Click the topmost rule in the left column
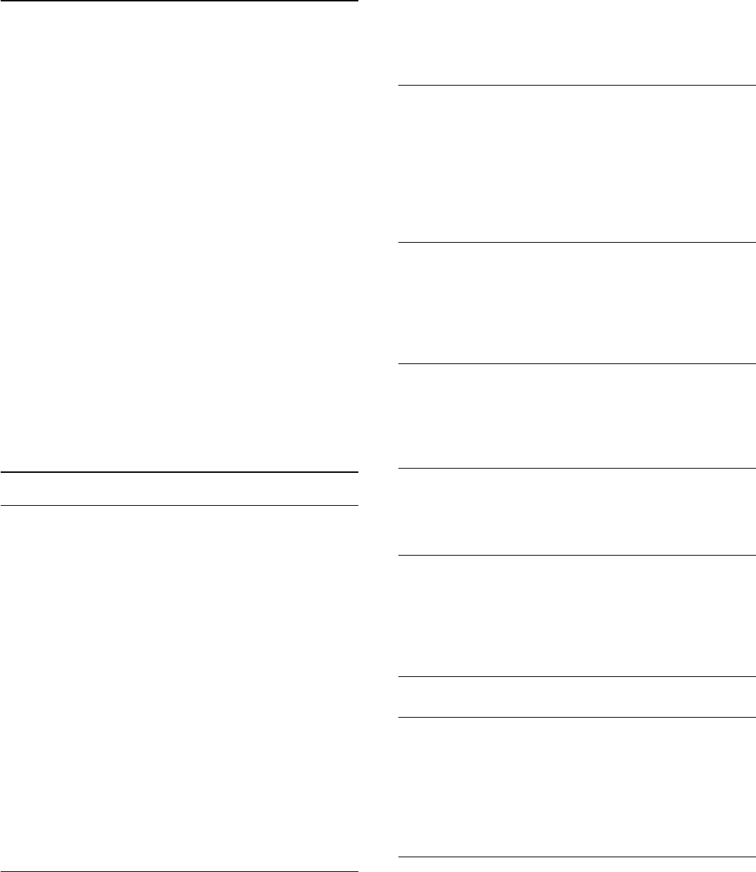tap(179, 1)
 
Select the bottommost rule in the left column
tap(179, 871)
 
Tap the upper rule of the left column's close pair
tap(179, 473)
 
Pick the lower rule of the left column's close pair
tap(179, 505)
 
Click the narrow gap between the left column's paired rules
tap(179, 489)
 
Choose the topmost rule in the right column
tap(577, 86)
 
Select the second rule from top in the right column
tap(577, 243)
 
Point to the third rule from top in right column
tap(577, 363)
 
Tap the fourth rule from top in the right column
tap(577, 468)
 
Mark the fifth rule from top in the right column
tap(577, 556)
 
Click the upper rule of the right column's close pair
tap(577, 677)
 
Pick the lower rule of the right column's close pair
tap(577, 717)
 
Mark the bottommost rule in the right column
tap(577, 857)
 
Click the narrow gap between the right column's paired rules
tap(577, 697)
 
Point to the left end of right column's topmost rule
tap(400, 86)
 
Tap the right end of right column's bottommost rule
tap(755, 857)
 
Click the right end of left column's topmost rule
tap(357, 1)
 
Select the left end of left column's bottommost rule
tap(1, 871)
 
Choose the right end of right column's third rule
tap(755, 363)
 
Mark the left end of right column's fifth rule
tap(400, 556)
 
